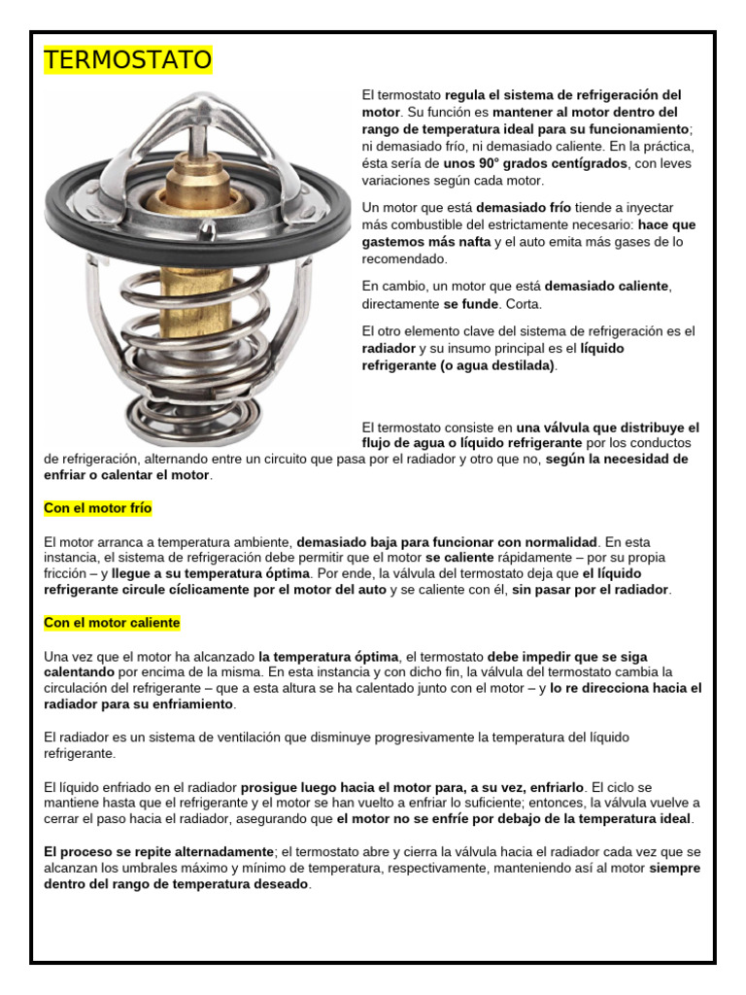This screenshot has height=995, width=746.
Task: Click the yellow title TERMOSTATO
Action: pyautogui.click(x=127, y=60)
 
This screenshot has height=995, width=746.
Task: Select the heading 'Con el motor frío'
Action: pyautogui.click(x=98, y=508)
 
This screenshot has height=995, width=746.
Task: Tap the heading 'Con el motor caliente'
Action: pyautogui.click(x=112, y=622)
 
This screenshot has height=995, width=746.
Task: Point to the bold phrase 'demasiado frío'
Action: pyautogui.click(x=524, y=208)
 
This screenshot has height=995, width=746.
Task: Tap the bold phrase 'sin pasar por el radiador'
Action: pyautogui.click(x=591, y=589)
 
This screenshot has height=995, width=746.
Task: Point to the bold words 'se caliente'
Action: pyautogui.click(x=460, y=559)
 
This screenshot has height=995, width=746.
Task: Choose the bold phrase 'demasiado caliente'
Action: pyautogui.click(x=607, y=287)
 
